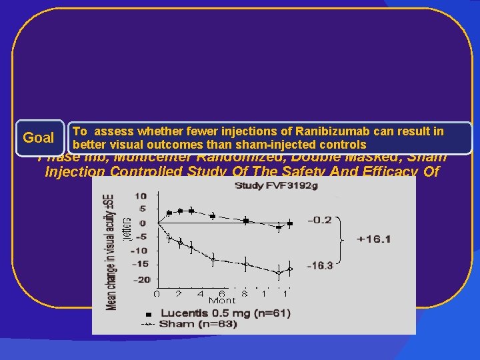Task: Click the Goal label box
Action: point(39,138)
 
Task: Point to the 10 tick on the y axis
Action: point(141,195)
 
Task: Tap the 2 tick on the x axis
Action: point(179,293)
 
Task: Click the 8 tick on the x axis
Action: point(245,293)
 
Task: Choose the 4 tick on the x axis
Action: point(200,293)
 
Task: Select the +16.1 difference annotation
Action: point(373,239)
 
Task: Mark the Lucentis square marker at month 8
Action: point(245,220)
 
